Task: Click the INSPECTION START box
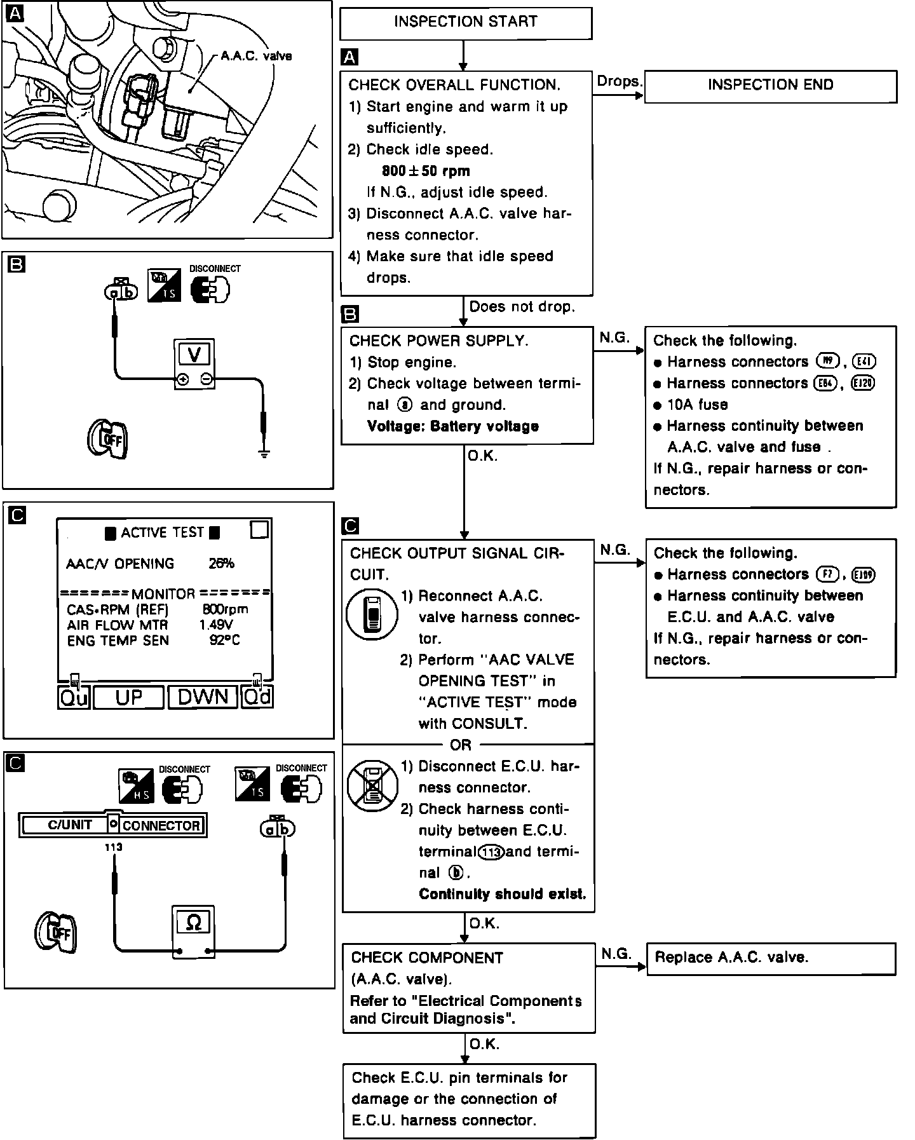(466, 23)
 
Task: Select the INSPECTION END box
(770, 86)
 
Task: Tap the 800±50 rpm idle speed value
(426, 171)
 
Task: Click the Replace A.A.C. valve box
(771, 958)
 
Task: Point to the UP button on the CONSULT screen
(129, 697)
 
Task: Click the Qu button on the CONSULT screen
(73, 697)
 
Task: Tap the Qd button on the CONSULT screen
(257, 697)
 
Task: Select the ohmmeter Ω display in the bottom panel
(194, 922)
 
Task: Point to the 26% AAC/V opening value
(222, 563)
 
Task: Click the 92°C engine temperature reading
(225, 640)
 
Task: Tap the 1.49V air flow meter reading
(216, 625)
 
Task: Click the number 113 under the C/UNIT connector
(114, 847)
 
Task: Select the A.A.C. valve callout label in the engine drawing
(256, 56)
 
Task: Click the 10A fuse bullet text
(697, 405)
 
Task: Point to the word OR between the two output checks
(461, 745)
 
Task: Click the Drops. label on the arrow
(619, 82)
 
